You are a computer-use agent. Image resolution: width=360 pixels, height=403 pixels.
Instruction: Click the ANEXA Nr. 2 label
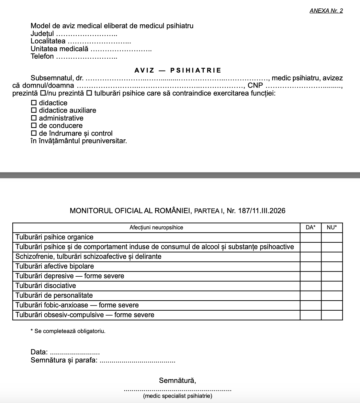[326, 11]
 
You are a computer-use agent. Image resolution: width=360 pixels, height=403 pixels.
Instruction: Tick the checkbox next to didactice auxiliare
[34, 110]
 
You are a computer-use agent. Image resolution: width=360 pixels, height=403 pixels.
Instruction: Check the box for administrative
[34, 118]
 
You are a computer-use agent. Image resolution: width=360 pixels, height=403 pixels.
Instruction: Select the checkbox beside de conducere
[34, 125]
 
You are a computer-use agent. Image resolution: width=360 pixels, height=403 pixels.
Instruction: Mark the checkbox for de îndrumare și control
[34, 133]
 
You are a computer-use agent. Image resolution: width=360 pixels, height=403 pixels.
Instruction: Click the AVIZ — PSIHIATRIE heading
[178, 70]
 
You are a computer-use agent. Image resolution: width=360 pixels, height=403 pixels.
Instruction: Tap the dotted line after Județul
[86, 34]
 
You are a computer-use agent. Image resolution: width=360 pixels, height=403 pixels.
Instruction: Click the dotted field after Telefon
[86, 57]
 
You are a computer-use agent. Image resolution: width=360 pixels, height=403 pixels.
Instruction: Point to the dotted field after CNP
[304, 86]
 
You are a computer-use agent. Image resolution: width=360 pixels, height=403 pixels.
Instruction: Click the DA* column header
[310, 227]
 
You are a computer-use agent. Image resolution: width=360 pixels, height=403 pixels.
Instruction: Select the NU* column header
[332, 227]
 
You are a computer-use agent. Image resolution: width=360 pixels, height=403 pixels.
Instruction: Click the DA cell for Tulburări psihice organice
[310, 237]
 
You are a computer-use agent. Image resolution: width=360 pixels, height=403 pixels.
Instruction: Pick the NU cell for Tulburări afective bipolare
[332, 267]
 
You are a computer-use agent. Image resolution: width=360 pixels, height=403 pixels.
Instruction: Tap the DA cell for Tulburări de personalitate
[310, 296]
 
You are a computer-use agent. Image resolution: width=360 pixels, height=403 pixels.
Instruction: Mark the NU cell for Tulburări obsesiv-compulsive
[332, 315]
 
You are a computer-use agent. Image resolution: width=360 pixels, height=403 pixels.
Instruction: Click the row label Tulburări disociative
[46, 286]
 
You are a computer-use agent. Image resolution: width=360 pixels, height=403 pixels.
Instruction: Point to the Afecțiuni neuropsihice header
[156, 227]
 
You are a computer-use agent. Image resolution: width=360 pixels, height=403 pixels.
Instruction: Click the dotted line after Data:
[75, 352]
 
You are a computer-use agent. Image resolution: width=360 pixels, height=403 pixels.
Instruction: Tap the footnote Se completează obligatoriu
[68, 331]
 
